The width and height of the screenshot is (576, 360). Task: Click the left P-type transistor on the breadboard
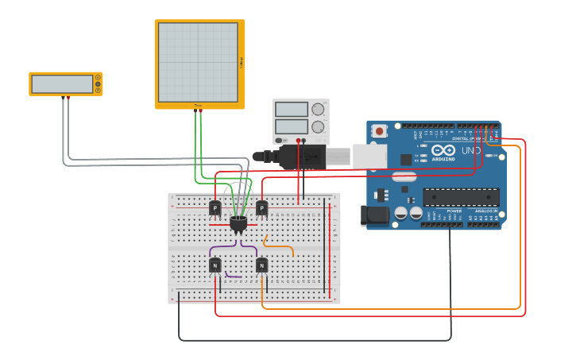pyautogui.click(x=215, y=208)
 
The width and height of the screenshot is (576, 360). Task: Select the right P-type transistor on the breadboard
pyautogui.click(x=261, y=208)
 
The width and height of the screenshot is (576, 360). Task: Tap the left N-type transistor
pyautogui.click(x=215, y=265)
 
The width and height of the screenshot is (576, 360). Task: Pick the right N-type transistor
pyautogui.click(x=261, y=265)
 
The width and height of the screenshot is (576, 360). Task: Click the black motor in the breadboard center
pyautogui.click(x=238, y=224)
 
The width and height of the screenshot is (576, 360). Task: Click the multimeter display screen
pyautogui.click(x=62, y=83)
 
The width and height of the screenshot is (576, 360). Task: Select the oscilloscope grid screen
pyautogui.click(x=198, y=62)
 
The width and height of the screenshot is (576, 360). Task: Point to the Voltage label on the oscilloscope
pyautogui.click(x=242, y=62)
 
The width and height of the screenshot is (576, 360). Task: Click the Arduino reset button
pyautogui.click(x=380, y=131)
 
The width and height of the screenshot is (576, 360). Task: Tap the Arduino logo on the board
pyautogui.click(x=443, y=151)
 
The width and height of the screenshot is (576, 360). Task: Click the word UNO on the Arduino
pyautogui.click(x=471, y=150)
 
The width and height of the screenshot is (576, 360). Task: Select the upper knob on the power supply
pyautogui.click(x=318, y=109)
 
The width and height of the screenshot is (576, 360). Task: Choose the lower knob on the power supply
pyautogui.click(x=318, y=126)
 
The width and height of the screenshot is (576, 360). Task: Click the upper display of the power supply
pyautogui.click(x=292, y=110)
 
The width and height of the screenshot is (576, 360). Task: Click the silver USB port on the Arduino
pyautogui.click(x=369, y=157)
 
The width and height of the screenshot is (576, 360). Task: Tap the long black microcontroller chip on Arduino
pyautogui.click(x=462, y=197)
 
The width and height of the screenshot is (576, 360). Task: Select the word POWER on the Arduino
pyautogui.click(x=454, y=211)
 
